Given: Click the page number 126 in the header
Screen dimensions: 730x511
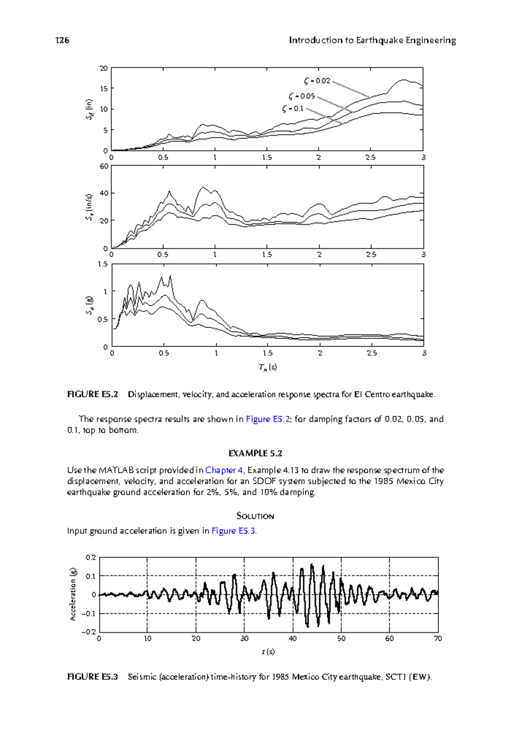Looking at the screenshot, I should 62,40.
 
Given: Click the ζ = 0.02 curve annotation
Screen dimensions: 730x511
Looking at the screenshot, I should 317,80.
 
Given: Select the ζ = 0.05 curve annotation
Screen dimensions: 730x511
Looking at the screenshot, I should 301,96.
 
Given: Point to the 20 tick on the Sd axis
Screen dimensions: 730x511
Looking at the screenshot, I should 103,68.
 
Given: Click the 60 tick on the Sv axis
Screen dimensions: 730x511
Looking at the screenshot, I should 103,166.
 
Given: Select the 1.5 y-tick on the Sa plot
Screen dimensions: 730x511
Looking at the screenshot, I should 103,264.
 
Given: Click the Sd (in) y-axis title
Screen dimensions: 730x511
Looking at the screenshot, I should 89,109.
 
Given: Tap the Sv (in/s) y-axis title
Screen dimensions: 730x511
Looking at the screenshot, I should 89,207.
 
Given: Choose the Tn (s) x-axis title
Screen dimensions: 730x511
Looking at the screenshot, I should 267,367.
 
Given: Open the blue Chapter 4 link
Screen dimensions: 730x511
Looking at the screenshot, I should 224,470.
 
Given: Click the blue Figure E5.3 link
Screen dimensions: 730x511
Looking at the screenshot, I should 234,531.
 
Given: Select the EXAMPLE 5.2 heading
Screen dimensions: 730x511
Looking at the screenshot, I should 255,453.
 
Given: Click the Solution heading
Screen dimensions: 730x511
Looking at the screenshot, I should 255,516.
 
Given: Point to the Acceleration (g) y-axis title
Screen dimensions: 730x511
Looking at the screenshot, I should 73,594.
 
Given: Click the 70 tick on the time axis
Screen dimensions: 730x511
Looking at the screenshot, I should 438,638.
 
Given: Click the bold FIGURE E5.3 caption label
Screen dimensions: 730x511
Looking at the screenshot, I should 92,677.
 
